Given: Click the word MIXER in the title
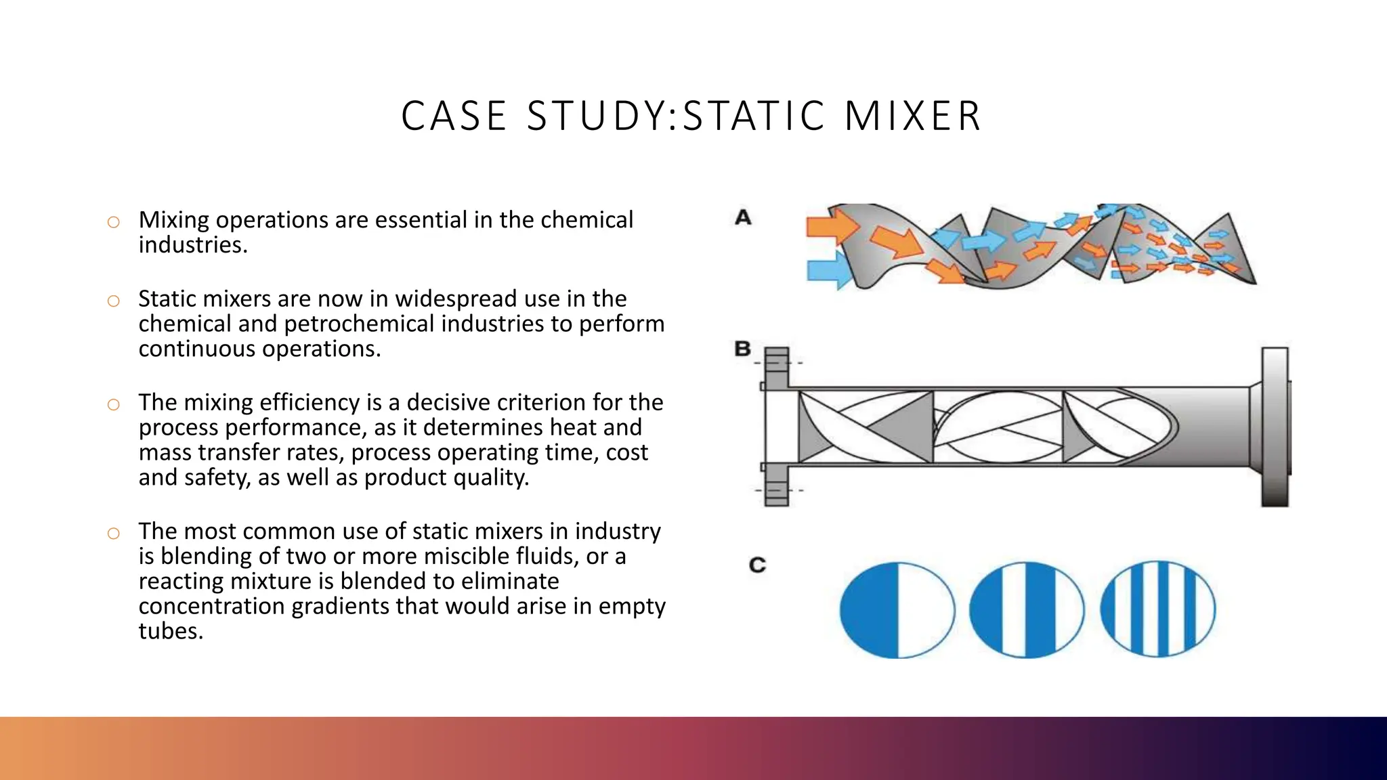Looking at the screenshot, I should coord(912,116).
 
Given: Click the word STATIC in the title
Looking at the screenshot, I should coord(754,116).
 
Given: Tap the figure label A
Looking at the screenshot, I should coord(743,218).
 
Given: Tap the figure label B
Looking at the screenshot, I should coord(743,349).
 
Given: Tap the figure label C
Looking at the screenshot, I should coord(757,565).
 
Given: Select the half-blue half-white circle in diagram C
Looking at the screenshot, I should coord(897,610).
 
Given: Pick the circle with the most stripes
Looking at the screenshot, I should coord(1157,609).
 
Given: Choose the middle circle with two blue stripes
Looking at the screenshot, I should coord(1026,610).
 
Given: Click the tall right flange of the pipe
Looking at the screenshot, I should coord(1275,427).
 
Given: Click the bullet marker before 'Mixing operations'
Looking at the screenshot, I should coord(113,222).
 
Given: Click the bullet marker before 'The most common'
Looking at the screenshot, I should coord(113,534).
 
